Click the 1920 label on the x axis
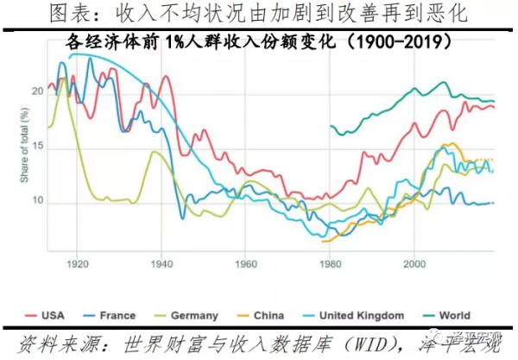(77, 262)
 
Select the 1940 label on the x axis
(161, 262)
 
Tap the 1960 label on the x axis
(244, 262)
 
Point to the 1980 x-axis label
(329, 262)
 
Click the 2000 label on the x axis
(414, 262)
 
